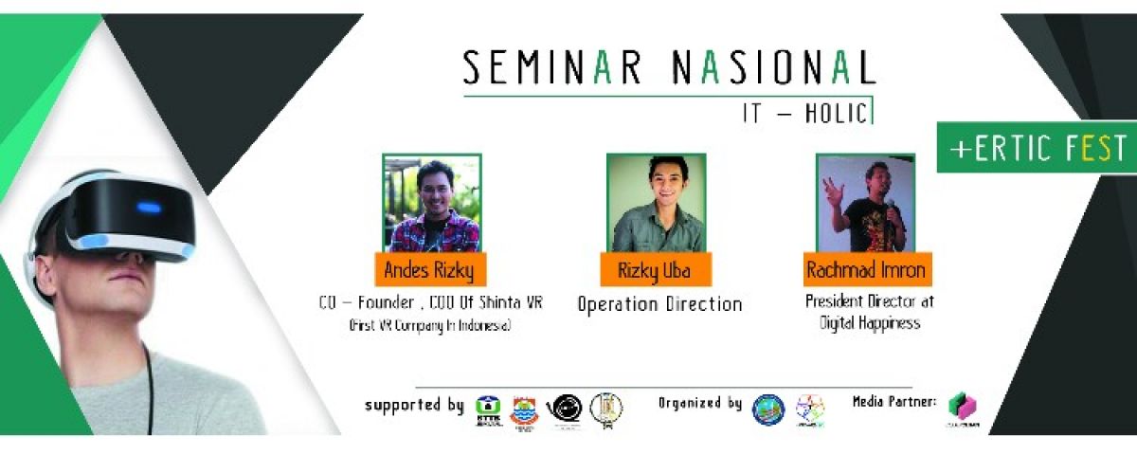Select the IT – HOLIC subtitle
click(x=804, y=114)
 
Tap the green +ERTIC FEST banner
click(x=1038, y=150)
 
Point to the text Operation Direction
click(x=659, y=304)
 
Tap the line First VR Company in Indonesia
click(x=428, y=326)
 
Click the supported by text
click(x=414, y=405)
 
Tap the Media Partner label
click(x=894, y=403)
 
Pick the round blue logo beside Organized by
click(x=767, y=409)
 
